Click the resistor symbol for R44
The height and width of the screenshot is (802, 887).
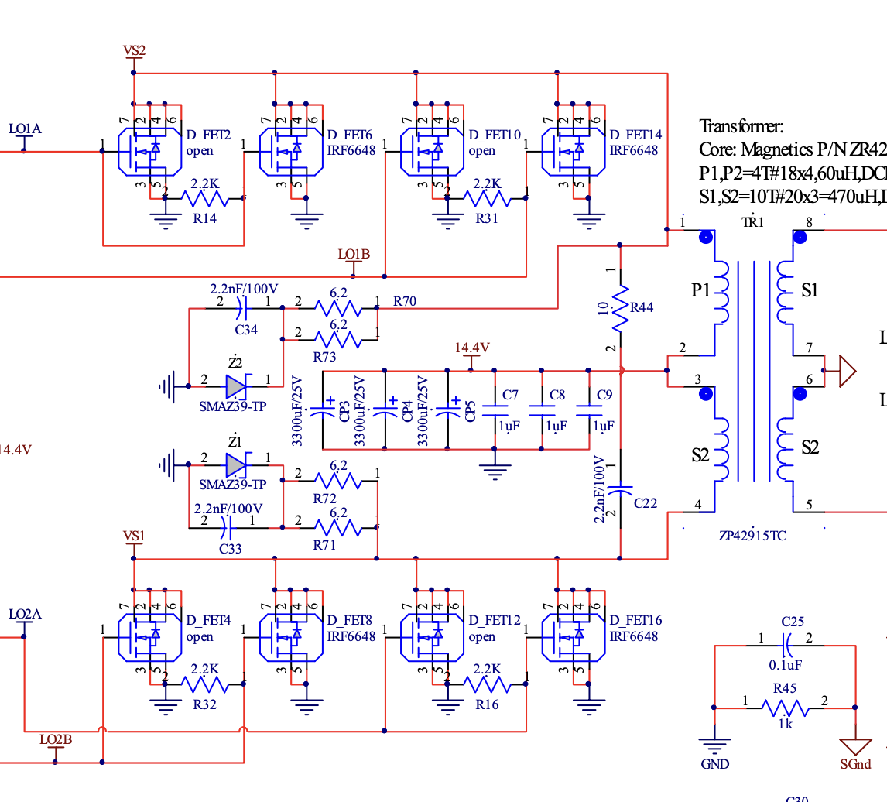(620, 307)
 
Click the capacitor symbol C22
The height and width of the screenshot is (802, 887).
(620, 491)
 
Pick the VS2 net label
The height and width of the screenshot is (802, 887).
(134, 51)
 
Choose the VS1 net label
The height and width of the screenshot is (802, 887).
(134, 536)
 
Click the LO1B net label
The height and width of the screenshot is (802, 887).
(354, 255)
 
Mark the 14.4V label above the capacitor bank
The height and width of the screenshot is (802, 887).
(472, 348)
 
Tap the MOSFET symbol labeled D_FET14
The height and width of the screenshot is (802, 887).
(575, 149)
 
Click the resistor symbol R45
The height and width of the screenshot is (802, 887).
(785, 708)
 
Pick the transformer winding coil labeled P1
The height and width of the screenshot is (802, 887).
(721, 291)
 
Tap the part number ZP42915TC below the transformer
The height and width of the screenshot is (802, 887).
(752, 535)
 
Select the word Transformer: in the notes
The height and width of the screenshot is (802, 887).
(741, 126)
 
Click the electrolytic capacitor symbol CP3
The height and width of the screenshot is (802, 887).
(322, 411)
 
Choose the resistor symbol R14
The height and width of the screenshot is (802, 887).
(204, 199)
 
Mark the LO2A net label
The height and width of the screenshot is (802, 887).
(25, 615)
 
